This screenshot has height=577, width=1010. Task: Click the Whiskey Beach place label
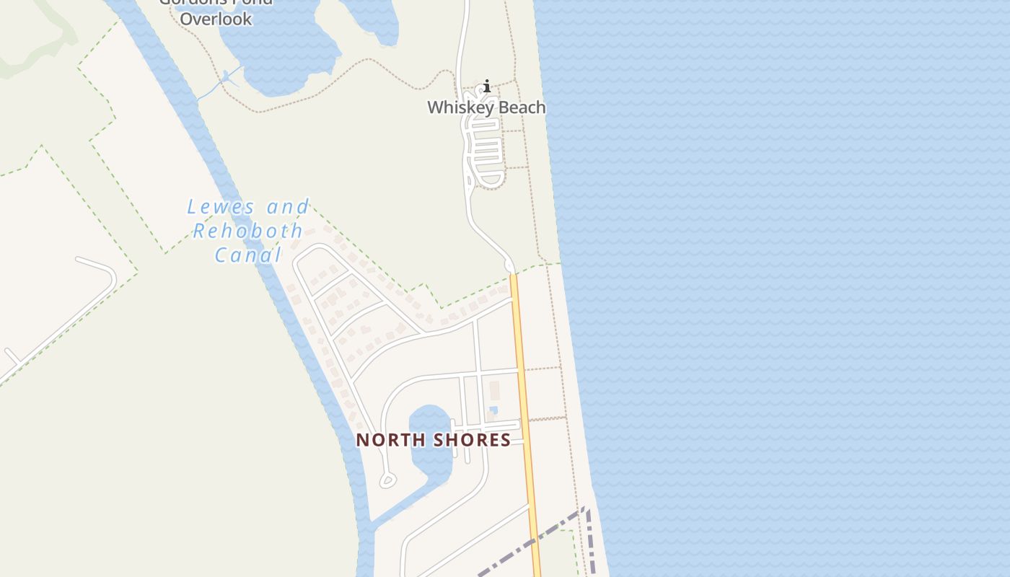click(x=486, y=107)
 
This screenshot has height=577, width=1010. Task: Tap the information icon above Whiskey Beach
click(x=487, y=87)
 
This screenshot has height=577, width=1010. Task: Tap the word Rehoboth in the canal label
click(x=248, y=231)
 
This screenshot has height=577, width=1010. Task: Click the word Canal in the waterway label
click(x=248, y=255)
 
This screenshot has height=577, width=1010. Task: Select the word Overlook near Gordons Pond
click(x=216, y=19)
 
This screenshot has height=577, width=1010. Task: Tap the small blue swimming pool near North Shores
click(x=493, y=410)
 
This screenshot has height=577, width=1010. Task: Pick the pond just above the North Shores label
click(x=429, y=418)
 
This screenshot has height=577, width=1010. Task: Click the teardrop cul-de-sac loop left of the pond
click(x=387, y=480)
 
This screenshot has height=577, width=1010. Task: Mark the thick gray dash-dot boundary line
click(x=534, y=541)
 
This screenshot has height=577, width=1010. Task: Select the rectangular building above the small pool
click(x=495, y=390)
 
